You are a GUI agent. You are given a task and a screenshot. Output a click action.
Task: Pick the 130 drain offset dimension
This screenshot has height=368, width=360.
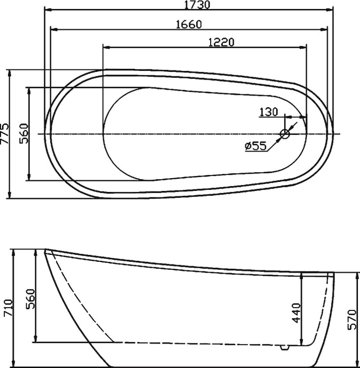click(x=269, y=112)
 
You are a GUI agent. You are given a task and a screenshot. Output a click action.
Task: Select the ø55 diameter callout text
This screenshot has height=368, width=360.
click(x=255, y=146)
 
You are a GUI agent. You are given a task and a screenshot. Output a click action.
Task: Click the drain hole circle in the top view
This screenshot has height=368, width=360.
click(x=285, y=133)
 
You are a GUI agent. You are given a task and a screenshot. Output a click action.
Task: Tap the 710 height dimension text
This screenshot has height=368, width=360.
click(x=6, y=308)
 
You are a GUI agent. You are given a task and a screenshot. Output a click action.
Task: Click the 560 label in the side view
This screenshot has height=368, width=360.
click(x=30, y=299)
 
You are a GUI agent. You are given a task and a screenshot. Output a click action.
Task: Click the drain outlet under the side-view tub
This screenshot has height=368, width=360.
click(x=284, y=347)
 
